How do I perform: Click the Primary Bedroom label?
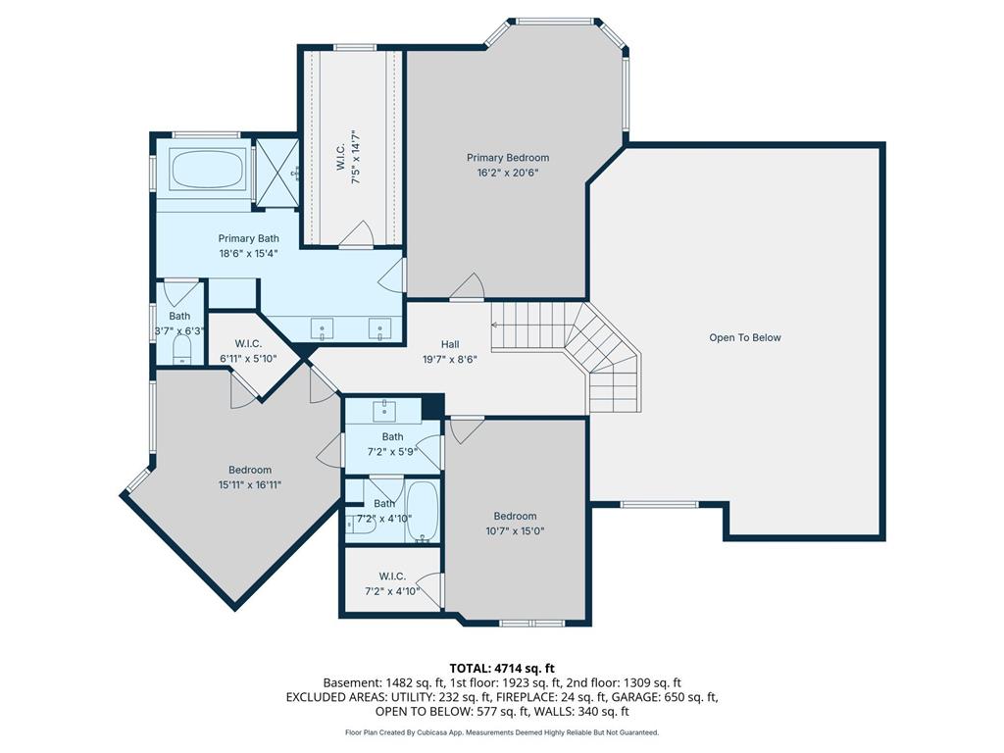[507, 158]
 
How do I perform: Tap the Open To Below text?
[745, 337]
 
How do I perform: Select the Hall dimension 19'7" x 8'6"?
[449, 359]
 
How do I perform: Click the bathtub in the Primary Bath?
[208, 169]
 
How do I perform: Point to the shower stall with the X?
[276, 173]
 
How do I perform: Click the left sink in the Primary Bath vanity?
[322, 329]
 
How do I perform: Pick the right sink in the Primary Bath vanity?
[380, 329]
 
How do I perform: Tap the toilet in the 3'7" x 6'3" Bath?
[182, 351]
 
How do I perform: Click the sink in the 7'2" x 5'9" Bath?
[383, 410]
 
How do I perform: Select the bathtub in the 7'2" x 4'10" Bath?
[423, 511]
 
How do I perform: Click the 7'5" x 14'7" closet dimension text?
[357, 157]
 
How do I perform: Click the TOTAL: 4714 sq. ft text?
[501, 669]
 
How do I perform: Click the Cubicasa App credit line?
[501, 732]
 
